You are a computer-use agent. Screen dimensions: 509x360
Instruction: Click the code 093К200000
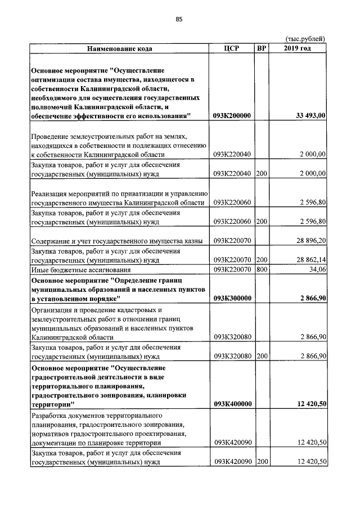(232, 116)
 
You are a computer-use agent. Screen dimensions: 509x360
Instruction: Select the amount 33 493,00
(310, 116)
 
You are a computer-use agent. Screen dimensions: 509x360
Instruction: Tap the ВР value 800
(261, 270)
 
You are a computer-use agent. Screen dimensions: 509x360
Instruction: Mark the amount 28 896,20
(308, 241)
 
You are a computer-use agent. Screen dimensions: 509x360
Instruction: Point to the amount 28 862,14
(308, 260)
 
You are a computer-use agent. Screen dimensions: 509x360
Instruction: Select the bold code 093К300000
(232, 299)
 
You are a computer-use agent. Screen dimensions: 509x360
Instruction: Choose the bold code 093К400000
(232, 404)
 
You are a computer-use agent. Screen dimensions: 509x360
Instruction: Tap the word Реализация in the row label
(51, 193)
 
